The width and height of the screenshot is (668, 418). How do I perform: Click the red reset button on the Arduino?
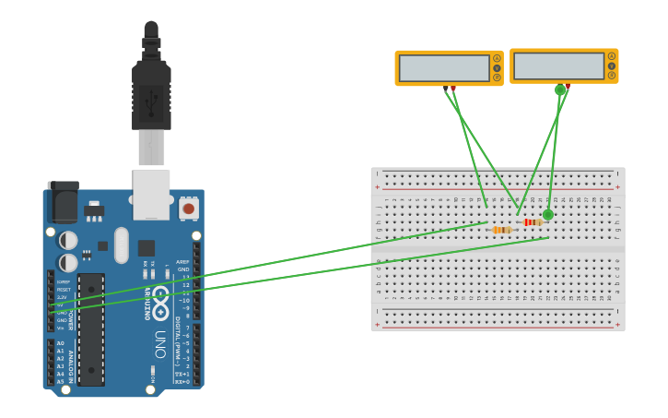tap(189, 209)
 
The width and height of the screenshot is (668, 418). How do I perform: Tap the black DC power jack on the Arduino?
tap(62, 202)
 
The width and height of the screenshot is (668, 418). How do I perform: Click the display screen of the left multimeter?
tap(444, 68)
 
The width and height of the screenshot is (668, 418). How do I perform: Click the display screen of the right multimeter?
tap(558, 66)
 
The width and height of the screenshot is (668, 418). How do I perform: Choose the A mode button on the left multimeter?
tap(497, 59)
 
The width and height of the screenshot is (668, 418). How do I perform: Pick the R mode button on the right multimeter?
tap(611, 76)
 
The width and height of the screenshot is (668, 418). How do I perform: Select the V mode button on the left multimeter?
tap(497, 68)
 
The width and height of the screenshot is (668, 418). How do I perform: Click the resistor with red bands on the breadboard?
tap(533, 222)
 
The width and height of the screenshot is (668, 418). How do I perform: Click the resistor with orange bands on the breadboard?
tap(502, 230)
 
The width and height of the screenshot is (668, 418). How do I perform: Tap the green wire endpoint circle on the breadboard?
tap(548, 215)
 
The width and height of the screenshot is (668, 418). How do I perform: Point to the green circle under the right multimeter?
tap(559, 90)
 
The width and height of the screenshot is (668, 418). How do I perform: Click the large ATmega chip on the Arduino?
tap(91, 328)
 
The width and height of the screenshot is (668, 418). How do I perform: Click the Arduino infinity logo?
tap(160, 300)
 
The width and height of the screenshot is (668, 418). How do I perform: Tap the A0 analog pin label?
tap(61, 343)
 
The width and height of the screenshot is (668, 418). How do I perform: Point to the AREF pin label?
tap(182, 262)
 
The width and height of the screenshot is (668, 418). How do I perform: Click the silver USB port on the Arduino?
tap(151, 194)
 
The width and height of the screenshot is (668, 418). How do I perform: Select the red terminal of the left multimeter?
tap(453, 89)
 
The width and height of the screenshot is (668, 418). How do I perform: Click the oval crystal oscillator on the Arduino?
tap(122, 245)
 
